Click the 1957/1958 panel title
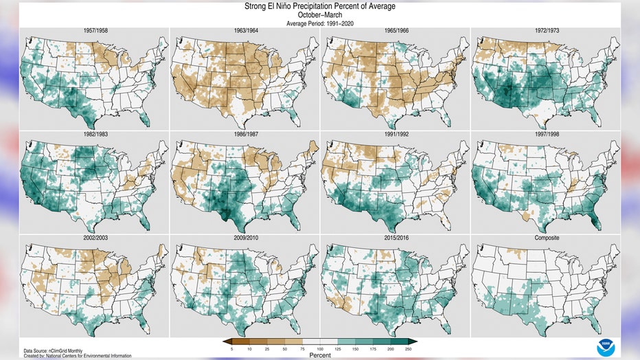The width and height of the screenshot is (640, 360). click(95, 31)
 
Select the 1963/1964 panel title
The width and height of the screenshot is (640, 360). click(246, 31)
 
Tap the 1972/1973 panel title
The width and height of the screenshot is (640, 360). click(547, 31)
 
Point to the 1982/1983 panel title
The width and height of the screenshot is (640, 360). click(95, 134)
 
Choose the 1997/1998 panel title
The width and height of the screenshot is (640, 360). click(547, 134)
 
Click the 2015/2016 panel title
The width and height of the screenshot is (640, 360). click(396, 238)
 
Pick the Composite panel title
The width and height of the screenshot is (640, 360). click(547, 238)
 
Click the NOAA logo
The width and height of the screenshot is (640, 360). click(606, 348)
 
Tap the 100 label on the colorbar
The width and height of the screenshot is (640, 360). click(320, 350)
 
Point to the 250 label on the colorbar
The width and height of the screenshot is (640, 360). click(408, 350)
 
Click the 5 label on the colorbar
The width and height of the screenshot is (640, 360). click(231, 350)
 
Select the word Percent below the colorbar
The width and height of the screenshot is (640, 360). click(320, 355)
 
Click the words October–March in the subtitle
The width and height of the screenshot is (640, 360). click(320, 15)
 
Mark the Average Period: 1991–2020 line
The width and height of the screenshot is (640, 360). click(320, 23)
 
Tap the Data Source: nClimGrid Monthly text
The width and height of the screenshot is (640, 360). click(53, 351)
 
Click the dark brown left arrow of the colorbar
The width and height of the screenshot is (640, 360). click(227, 342)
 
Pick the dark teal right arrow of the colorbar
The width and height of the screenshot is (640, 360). click(413, 342)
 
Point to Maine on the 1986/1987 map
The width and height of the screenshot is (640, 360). click(313, 146)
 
